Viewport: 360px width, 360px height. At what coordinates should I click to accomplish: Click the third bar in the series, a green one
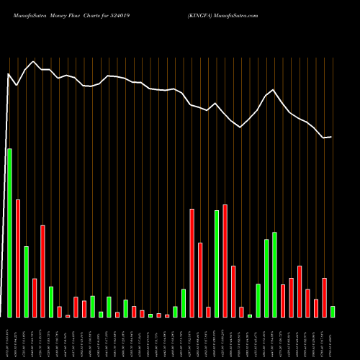coord(27,282)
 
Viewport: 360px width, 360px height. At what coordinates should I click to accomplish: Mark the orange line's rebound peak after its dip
coord(274,89)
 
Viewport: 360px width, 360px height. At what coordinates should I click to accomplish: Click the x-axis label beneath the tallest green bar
coord(10,338)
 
